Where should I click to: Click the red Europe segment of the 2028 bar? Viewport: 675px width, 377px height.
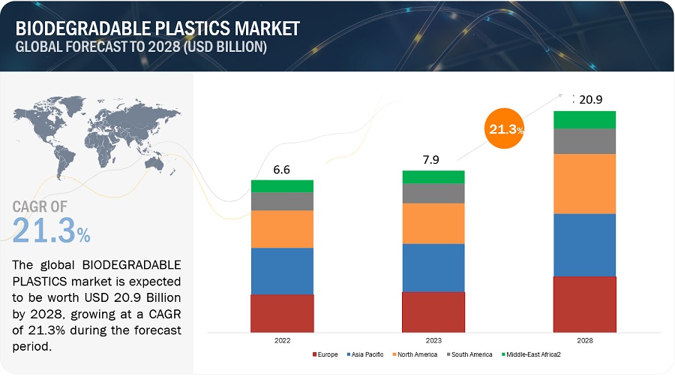(584, 304)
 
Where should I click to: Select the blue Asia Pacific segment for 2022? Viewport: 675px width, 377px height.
(282, 270)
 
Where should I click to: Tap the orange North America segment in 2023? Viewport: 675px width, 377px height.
(433, 223)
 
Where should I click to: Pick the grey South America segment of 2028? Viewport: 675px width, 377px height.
(584, 140)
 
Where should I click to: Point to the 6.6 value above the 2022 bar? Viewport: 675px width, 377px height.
(282, 170)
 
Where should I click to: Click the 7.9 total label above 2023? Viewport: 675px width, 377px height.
(433, 161)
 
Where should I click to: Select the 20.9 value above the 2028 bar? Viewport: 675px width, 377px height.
(589, 99)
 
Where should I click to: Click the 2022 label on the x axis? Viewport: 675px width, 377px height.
(282, 340)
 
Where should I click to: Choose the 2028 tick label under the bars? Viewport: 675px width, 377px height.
(584, 340)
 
